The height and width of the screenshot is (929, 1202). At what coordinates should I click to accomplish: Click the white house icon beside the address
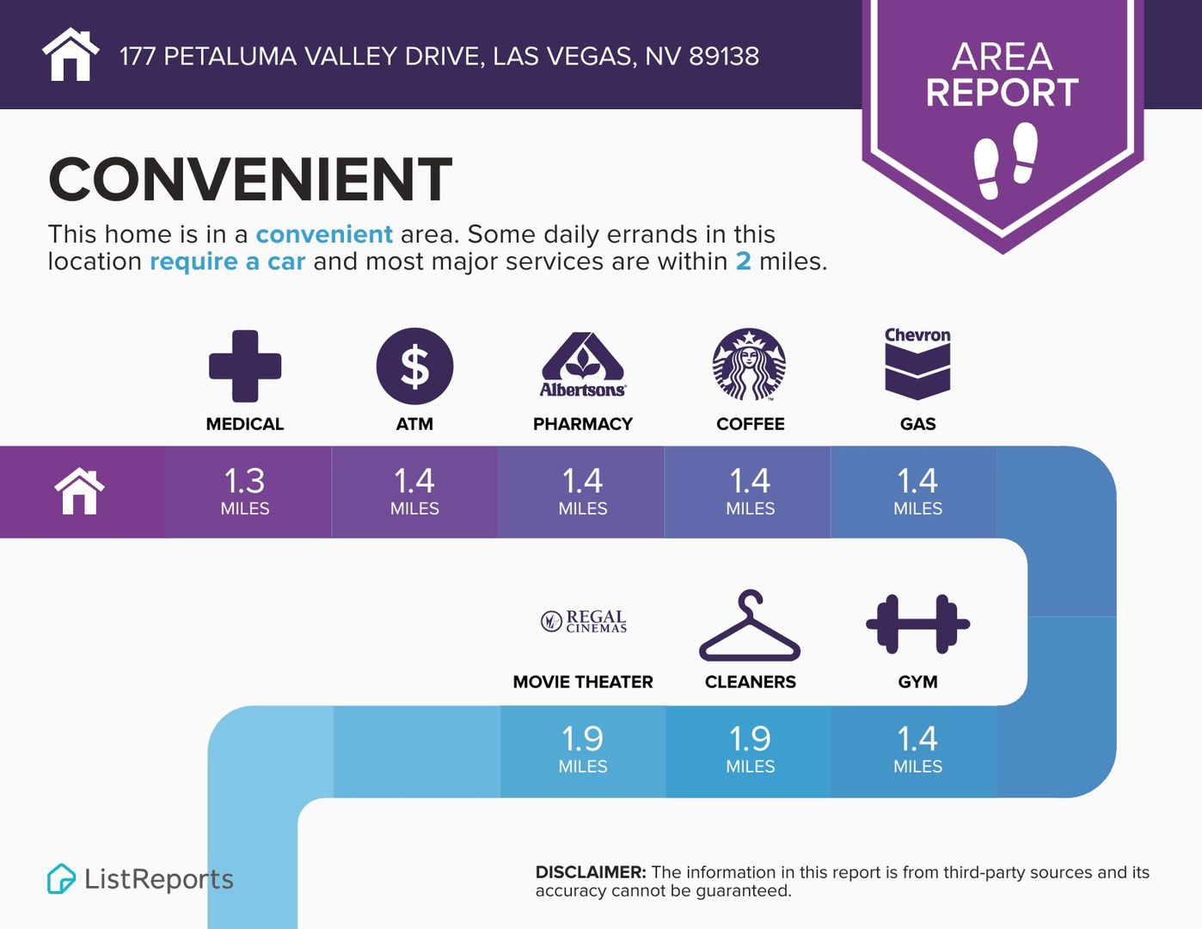point(71,54)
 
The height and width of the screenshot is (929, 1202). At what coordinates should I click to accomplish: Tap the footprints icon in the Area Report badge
point(1006,161)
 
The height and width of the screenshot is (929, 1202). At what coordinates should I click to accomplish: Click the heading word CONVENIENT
point(250,179)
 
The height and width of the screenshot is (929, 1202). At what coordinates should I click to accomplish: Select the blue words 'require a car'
point(227,261)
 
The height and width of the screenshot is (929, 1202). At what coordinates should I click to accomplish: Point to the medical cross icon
point(245,366)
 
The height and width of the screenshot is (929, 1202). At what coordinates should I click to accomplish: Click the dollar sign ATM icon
point(415,366)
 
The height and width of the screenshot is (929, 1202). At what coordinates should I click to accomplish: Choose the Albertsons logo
point(583,366)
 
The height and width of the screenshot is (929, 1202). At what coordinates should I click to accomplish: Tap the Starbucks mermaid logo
point(749,365)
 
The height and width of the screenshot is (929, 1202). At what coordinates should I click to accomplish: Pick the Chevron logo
point(917,364)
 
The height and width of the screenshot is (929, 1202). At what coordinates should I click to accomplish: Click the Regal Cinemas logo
point(584,621)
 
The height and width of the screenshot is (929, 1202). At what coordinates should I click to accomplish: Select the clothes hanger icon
point(750,625)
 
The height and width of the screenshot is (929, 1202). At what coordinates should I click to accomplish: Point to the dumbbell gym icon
point(917,624)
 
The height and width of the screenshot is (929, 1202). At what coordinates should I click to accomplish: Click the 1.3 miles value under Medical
point(245,481)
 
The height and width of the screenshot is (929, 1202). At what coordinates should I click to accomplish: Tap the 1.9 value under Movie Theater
point(583,739)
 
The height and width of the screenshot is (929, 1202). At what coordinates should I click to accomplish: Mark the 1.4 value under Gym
point(917,739)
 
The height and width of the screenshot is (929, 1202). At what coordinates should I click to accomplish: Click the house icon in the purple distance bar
point(80,491)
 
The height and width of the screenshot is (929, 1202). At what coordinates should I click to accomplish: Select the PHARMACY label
point(583,424)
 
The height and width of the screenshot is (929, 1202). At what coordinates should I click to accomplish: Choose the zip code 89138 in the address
point(724,57)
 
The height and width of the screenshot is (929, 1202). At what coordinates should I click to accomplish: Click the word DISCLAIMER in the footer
point(591,872)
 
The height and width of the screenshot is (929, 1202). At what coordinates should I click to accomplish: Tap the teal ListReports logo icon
point(61,878)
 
